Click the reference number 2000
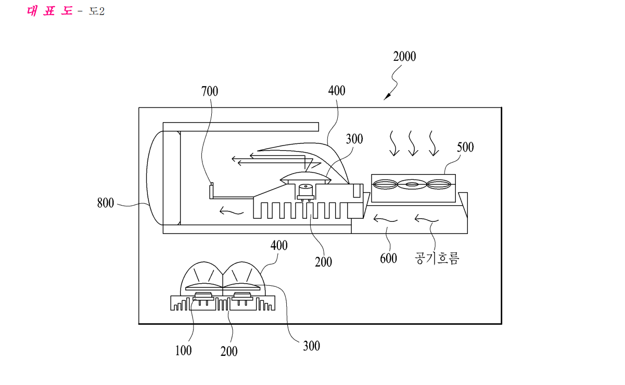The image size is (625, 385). coord(404,57)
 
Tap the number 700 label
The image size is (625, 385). coord(210,91)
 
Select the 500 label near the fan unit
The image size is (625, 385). coord(465,147)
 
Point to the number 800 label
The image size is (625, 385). coord(106,203)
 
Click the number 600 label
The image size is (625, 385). coord(388,258)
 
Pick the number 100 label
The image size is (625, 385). coord(183,351)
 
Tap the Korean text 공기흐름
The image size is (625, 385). coord(437,258)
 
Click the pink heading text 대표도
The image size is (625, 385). coord(50,11)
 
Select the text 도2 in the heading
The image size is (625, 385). coord(97,11)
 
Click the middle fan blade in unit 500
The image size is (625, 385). coord(412,184)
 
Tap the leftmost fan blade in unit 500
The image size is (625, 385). coord(385,184)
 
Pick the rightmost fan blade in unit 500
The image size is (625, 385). coord(439,184)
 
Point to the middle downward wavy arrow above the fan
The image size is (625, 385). coord(412,143)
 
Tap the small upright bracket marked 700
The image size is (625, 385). coord(211,191)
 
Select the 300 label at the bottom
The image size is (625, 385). coord(311,346)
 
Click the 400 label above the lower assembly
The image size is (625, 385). coord(279,245)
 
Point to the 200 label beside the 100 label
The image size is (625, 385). coord(229,351)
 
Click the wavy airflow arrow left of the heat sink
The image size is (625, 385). coord(232,211)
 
